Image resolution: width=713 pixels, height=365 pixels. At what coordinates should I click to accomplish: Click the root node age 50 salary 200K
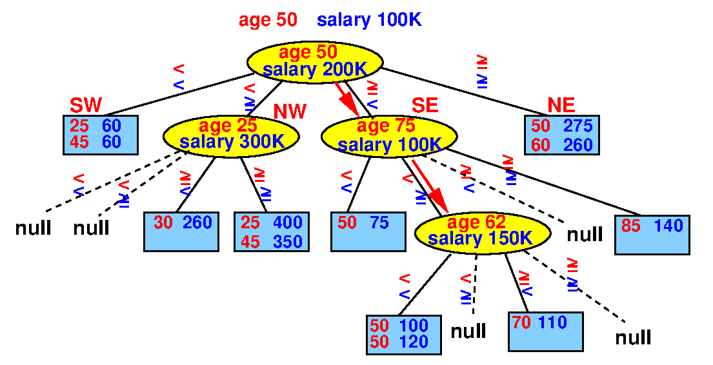(315, 62)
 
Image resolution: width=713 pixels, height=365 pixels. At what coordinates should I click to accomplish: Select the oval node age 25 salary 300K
(231, 135)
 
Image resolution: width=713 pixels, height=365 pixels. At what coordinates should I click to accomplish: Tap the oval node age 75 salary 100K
(389, 136)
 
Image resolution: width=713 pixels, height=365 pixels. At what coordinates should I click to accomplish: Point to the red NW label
(290, 111)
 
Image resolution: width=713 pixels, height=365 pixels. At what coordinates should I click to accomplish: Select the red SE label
(425, 105)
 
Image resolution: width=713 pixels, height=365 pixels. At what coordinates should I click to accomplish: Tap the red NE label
(561, 105)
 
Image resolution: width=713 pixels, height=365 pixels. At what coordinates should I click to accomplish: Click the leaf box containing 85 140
(652, 235)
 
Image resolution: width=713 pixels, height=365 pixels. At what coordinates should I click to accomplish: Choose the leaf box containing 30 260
(181, 232)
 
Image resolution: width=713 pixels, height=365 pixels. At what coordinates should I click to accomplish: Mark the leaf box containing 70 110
(546, 331)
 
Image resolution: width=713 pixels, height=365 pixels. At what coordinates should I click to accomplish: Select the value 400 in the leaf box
(287, 222)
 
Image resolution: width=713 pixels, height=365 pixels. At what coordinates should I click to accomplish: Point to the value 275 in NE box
(578, 126)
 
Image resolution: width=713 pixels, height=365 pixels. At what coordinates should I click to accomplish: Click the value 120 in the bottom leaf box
(414, 341)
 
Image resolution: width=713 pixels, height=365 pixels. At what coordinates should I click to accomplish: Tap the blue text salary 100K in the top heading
(369, 20)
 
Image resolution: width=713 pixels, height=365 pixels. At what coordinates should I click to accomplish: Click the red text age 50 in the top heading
(268, 20)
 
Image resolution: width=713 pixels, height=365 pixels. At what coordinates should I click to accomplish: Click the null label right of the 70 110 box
(633, 338)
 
